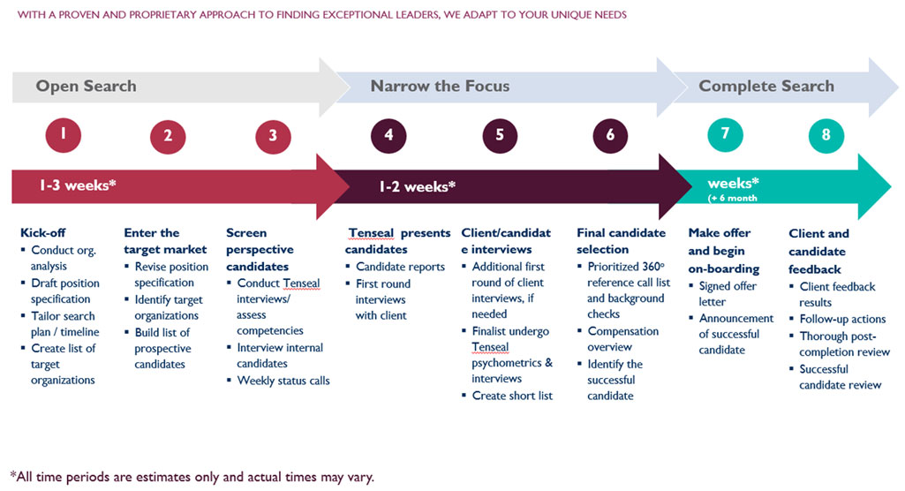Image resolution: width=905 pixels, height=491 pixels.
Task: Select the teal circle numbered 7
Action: coord(725,134)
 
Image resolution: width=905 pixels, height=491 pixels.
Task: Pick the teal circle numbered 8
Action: coord(826,135)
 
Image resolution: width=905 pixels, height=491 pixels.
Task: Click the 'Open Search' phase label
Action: coord(86,86)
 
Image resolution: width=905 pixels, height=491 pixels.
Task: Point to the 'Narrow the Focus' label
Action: coord(440,86)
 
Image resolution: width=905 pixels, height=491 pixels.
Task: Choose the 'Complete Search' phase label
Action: coord(766,86)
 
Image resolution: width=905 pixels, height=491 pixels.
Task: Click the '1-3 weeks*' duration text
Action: coord(78,186)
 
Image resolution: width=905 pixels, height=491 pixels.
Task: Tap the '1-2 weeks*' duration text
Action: coord(418,186)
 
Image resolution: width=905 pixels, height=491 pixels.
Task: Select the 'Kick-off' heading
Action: coord(43,233)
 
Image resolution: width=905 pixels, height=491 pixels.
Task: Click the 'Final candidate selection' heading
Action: coord(621,241)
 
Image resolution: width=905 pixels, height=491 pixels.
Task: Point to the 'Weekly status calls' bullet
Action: coord(283,380)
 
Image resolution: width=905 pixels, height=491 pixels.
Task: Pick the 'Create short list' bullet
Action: coord(512,395)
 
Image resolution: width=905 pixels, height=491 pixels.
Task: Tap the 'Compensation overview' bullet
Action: coord(623,339)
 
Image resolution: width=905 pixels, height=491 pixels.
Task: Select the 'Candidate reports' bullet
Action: coord(400,267)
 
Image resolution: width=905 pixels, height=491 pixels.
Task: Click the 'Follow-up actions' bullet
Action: coord(842,319)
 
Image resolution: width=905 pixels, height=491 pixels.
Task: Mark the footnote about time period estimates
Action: coord(192,477)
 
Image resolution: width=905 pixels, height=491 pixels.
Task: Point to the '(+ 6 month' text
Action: coord(733,198)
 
